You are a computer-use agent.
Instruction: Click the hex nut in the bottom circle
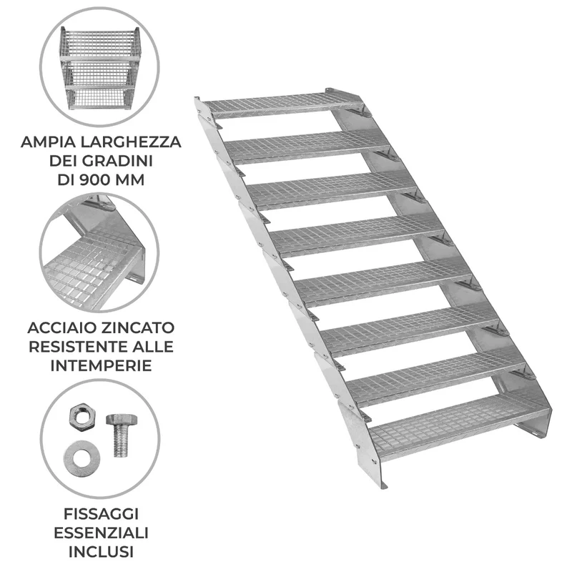point(82,418)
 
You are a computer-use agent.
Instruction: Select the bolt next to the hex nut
point(121,435)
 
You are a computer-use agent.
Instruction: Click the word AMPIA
point(48,142)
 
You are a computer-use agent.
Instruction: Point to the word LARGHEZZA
point(131,142)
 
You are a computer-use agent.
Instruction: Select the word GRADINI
point(117,161)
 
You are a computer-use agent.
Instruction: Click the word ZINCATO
point(137,327)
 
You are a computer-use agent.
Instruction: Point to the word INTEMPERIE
point(101,365)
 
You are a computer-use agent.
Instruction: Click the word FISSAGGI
point(101,514)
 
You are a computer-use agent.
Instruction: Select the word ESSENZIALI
point(101,533)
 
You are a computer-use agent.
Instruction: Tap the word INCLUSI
point(101,552)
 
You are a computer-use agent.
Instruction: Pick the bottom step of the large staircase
point(459,427)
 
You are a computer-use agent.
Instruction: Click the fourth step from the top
point(357,235)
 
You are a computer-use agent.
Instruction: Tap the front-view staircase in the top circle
point(100,68)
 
